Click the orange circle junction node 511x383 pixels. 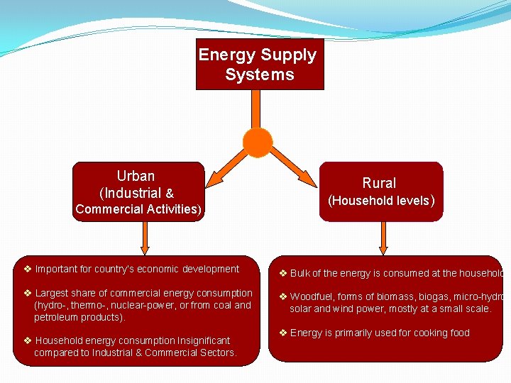click(x=258, y=142)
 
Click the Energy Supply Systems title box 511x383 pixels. click(x=260, y=65)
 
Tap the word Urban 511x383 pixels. click(x=136, y=176)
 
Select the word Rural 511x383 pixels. click(x=379, y=183)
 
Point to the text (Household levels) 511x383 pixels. click(x=380, y=201)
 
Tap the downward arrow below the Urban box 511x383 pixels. click(x=145, y=238)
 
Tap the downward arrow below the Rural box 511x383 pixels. click(x=384, y=238)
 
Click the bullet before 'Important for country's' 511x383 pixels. click(x=27, y=270)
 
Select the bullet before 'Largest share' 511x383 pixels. click(x=27, y=294)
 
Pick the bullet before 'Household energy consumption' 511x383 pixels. click(x=27, y=340)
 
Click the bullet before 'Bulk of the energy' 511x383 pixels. click(x=282, y=273)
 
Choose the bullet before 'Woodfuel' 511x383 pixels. click(x=282, y=297)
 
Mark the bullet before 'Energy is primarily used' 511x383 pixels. click(x=282, y=333)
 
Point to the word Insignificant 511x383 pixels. click(x=198, y=341)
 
